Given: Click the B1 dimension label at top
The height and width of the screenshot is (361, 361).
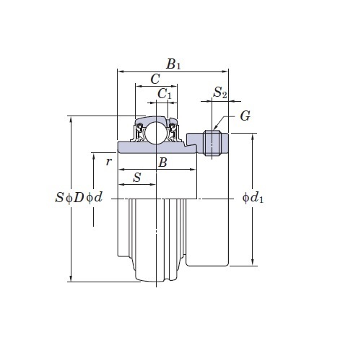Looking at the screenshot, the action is [173, 64].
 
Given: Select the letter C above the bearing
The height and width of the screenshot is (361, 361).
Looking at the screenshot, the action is [155, 79].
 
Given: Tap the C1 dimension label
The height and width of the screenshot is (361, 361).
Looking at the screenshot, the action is [165, 94].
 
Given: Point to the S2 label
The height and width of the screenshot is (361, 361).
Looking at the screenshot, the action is [220, 92].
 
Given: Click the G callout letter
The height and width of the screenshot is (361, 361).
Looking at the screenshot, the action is [245, 116].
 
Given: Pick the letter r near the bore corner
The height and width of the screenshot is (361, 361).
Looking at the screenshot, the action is [109, 162].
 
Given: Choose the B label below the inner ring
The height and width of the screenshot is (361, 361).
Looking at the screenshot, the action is [162, 162].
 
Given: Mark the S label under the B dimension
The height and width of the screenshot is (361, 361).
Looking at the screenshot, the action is [137, 178].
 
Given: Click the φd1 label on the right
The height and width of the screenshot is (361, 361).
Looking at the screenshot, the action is [253, 198].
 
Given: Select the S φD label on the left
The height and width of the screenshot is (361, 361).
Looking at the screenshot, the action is [69, 198].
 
